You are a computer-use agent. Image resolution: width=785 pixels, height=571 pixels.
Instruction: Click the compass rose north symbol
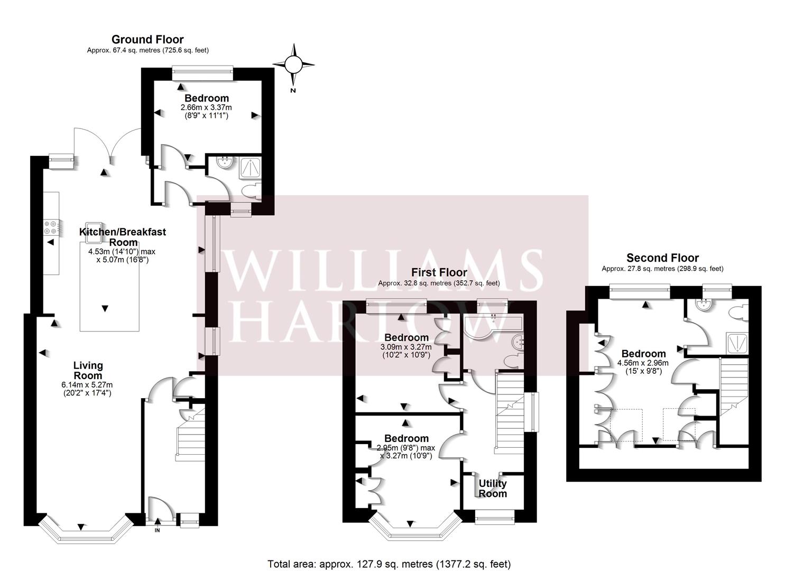[293, 66]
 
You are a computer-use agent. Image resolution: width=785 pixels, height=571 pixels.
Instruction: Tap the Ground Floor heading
[147, 39]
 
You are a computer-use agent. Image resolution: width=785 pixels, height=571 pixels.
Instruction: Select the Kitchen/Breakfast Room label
[123, 237]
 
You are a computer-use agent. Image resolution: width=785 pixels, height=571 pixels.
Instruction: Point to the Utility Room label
[493, 489]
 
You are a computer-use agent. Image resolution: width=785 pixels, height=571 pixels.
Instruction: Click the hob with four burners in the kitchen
[51, 227]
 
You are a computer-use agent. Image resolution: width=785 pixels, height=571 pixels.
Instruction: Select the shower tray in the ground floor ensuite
[250, 168]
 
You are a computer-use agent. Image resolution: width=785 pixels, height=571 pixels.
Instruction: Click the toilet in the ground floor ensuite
[250, 190]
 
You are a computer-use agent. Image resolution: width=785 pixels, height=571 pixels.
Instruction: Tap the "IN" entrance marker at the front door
[157, 530]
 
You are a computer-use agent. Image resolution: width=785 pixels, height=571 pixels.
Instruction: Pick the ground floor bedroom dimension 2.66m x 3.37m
[206, 107]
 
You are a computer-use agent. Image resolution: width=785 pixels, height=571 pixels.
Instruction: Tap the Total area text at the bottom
[389, 564]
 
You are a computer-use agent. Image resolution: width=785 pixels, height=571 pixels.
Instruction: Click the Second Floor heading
[662, 258]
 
